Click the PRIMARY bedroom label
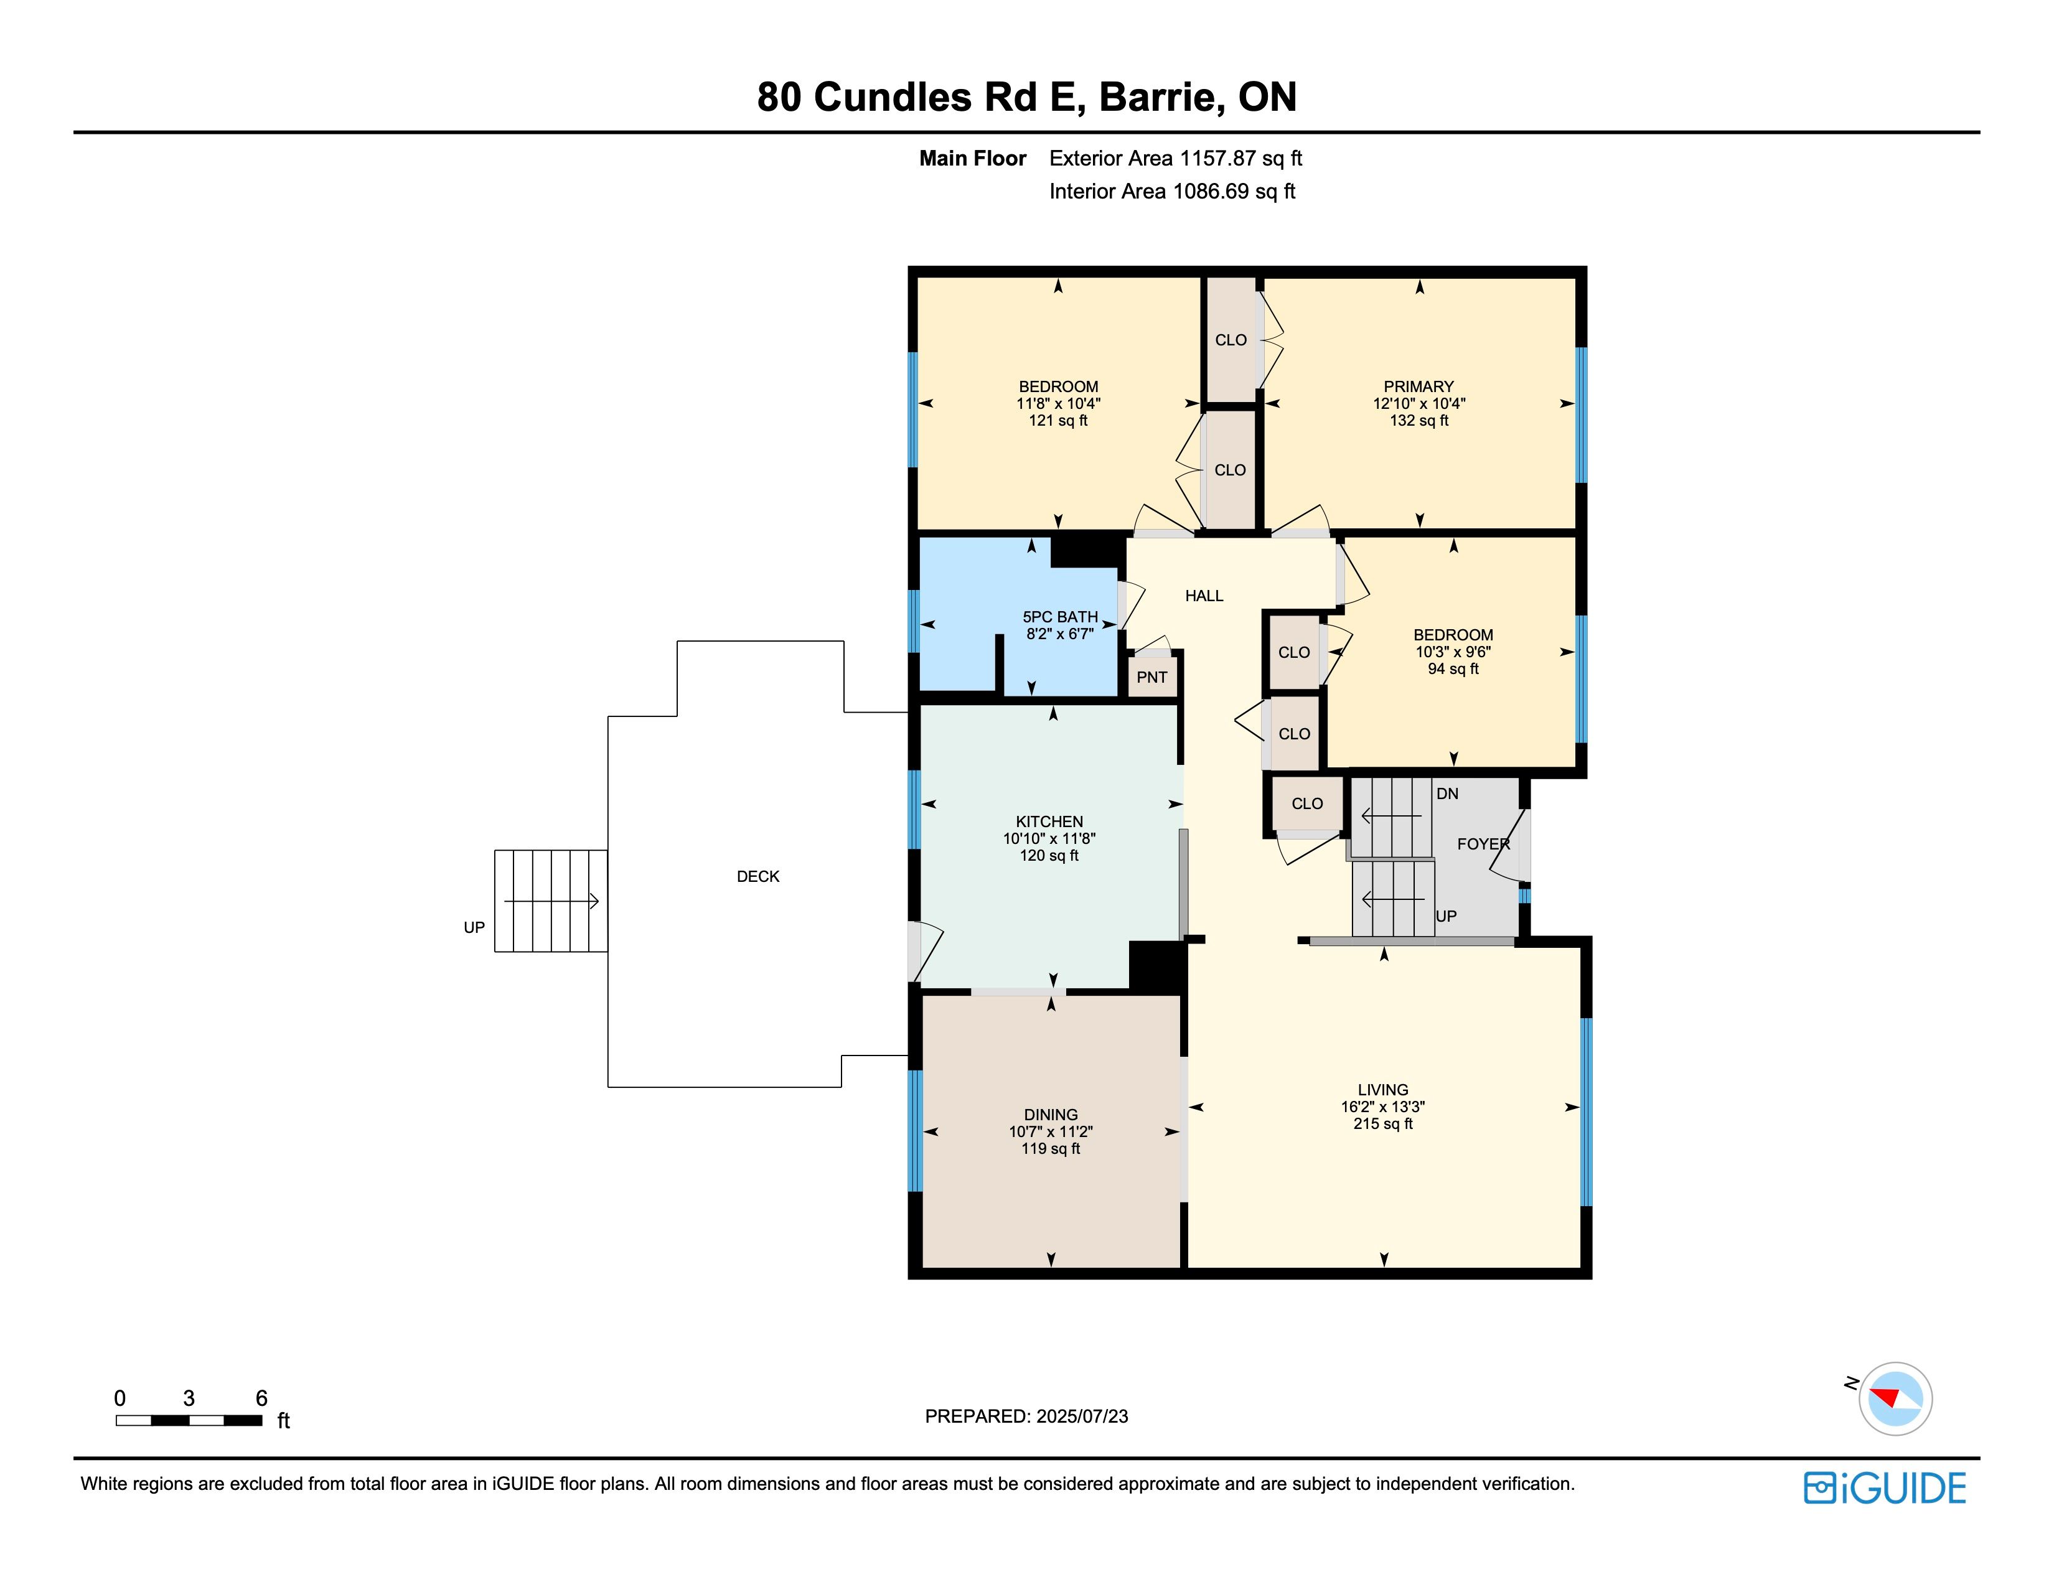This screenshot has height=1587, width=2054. [1419, 386]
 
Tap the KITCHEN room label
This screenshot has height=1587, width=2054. [1049, 822]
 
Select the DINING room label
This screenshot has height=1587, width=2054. [1051, 1115]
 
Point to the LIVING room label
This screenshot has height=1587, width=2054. [1382, 1090]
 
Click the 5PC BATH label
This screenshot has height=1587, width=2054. [1060, 617]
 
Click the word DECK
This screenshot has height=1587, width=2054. [758, 876]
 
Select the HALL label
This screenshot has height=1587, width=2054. [1204, 595]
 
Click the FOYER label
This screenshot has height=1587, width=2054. [1483, 845]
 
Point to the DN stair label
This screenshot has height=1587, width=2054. [1447, 793]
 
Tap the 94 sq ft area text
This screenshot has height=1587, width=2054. [1453, 668]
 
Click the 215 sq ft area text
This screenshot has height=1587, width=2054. [1382, 1123]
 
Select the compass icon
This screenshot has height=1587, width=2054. [1895, 1398]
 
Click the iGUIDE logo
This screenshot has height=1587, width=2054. [1885, 1488]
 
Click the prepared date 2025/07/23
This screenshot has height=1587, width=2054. [1082, 1416]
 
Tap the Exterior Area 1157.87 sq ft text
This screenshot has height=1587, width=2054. [1176, 158]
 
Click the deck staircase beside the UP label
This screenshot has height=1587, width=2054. [551, 901]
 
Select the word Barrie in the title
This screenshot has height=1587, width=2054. [1161, 97]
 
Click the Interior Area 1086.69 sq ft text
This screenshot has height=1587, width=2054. [1172, 191]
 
